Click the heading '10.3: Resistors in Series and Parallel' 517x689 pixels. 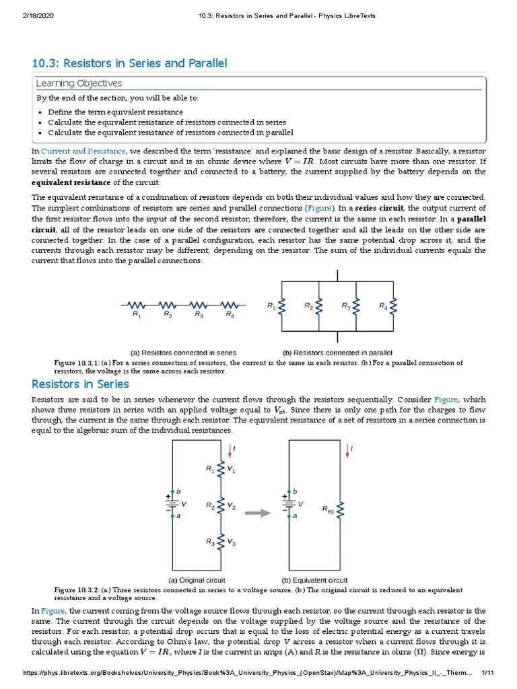[x=129, y=63]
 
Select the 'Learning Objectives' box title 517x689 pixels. [x=79, y=83]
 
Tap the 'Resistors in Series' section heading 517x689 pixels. [x=80, y=384]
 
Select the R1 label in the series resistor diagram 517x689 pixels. [x=137, y=314]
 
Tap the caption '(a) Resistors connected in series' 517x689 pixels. [x=183, y=353]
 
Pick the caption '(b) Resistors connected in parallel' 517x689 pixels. [x=337, y=353]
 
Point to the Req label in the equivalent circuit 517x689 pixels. [x=327, y=512]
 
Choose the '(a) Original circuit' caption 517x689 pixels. [x=196, y=580]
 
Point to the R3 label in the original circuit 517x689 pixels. [x=210, y=541]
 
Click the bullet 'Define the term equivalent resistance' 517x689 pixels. [x=115, y=112]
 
